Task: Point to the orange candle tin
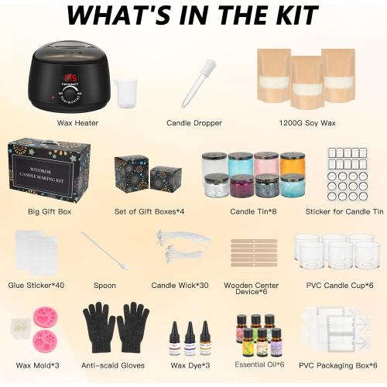(293, 164)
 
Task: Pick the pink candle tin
(266, 164)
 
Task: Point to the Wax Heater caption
(77, 122)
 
